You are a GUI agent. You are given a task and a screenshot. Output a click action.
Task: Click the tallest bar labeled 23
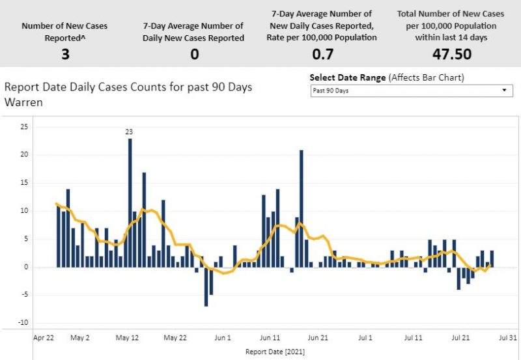[130, 202]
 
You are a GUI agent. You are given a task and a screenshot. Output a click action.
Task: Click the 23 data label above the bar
[129, 132]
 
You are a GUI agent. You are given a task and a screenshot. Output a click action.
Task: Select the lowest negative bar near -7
[206, 286]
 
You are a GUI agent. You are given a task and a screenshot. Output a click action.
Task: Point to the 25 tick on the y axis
[24, 126]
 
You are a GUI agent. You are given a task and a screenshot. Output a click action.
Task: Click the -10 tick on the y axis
[23, 323]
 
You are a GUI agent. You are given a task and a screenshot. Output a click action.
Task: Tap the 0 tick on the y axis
[26, 267]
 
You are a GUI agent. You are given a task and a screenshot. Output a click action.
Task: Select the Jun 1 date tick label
[223, 339]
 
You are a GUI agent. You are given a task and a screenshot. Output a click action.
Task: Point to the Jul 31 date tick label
[508, 339]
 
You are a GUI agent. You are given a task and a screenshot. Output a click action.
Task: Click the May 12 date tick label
[127, 339]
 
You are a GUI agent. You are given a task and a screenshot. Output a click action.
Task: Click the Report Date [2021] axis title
[275, 352]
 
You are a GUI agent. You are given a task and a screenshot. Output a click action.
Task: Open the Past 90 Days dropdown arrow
[504, 90]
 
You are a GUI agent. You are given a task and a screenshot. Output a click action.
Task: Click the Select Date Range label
[348, 77]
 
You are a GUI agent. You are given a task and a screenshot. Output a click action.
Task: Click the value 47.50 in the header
[452, 53]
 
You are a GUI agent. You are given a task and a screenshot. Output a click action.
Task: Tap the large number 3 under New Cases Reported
[66, 53]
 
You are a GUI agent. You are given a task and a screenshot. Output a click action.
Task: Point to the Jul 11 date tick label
[414, 339]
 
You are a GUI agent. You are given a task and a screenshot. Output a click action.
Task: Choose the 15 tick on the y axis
[24, 182]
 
